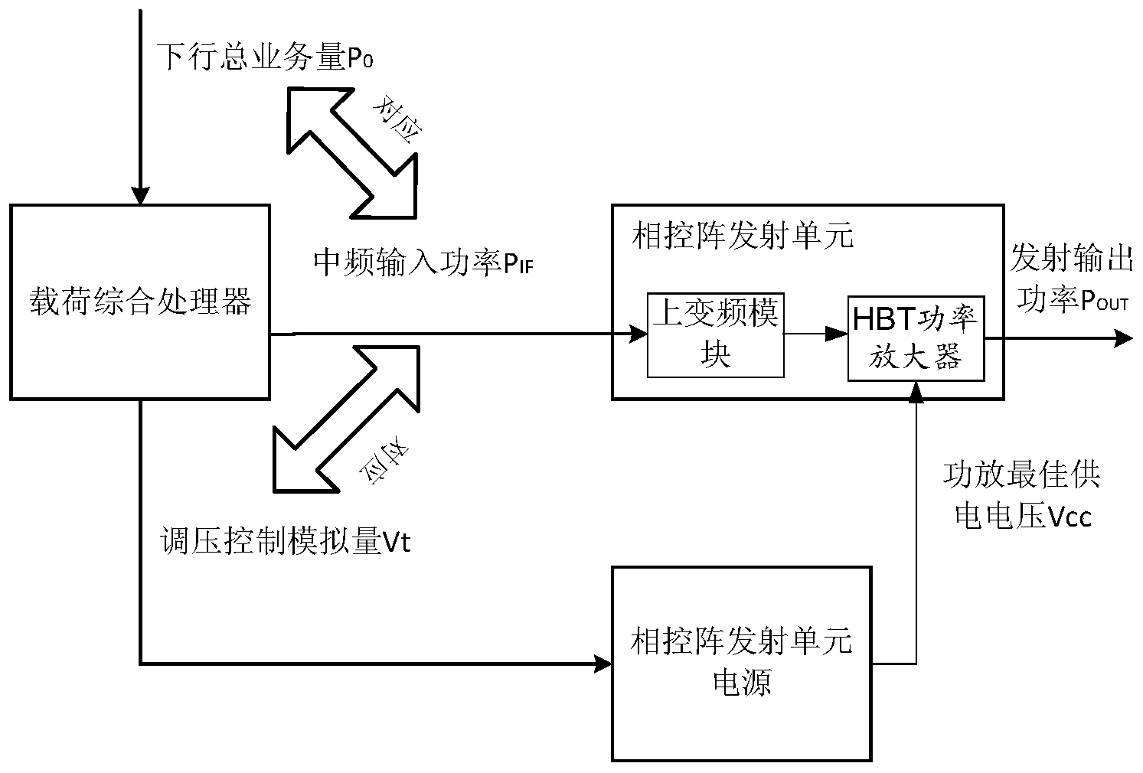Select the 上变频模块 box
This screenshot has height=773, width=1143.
point(715,334)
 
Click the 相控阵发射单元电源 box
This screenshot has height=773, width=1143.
point(741,663)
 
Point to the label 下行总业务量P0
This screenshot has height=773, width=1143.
point(265,58)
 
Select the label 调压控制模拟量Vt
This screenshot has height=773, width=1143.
point(283,542)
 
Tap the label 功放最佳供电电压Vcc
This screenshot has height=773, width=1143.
point(1021,496)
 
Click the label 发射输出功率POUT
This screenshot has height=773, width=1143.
point(1071,279)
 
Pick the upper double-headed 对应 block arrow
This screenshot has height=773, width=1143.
point(352,151)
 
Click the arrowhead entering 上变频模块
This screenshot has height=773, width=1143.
point(637,334)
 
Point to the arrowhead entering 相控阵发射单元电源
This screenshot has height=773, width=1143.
point(602,663)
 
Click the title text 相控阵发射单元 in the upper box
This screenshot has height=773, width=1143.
point(741,235)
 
